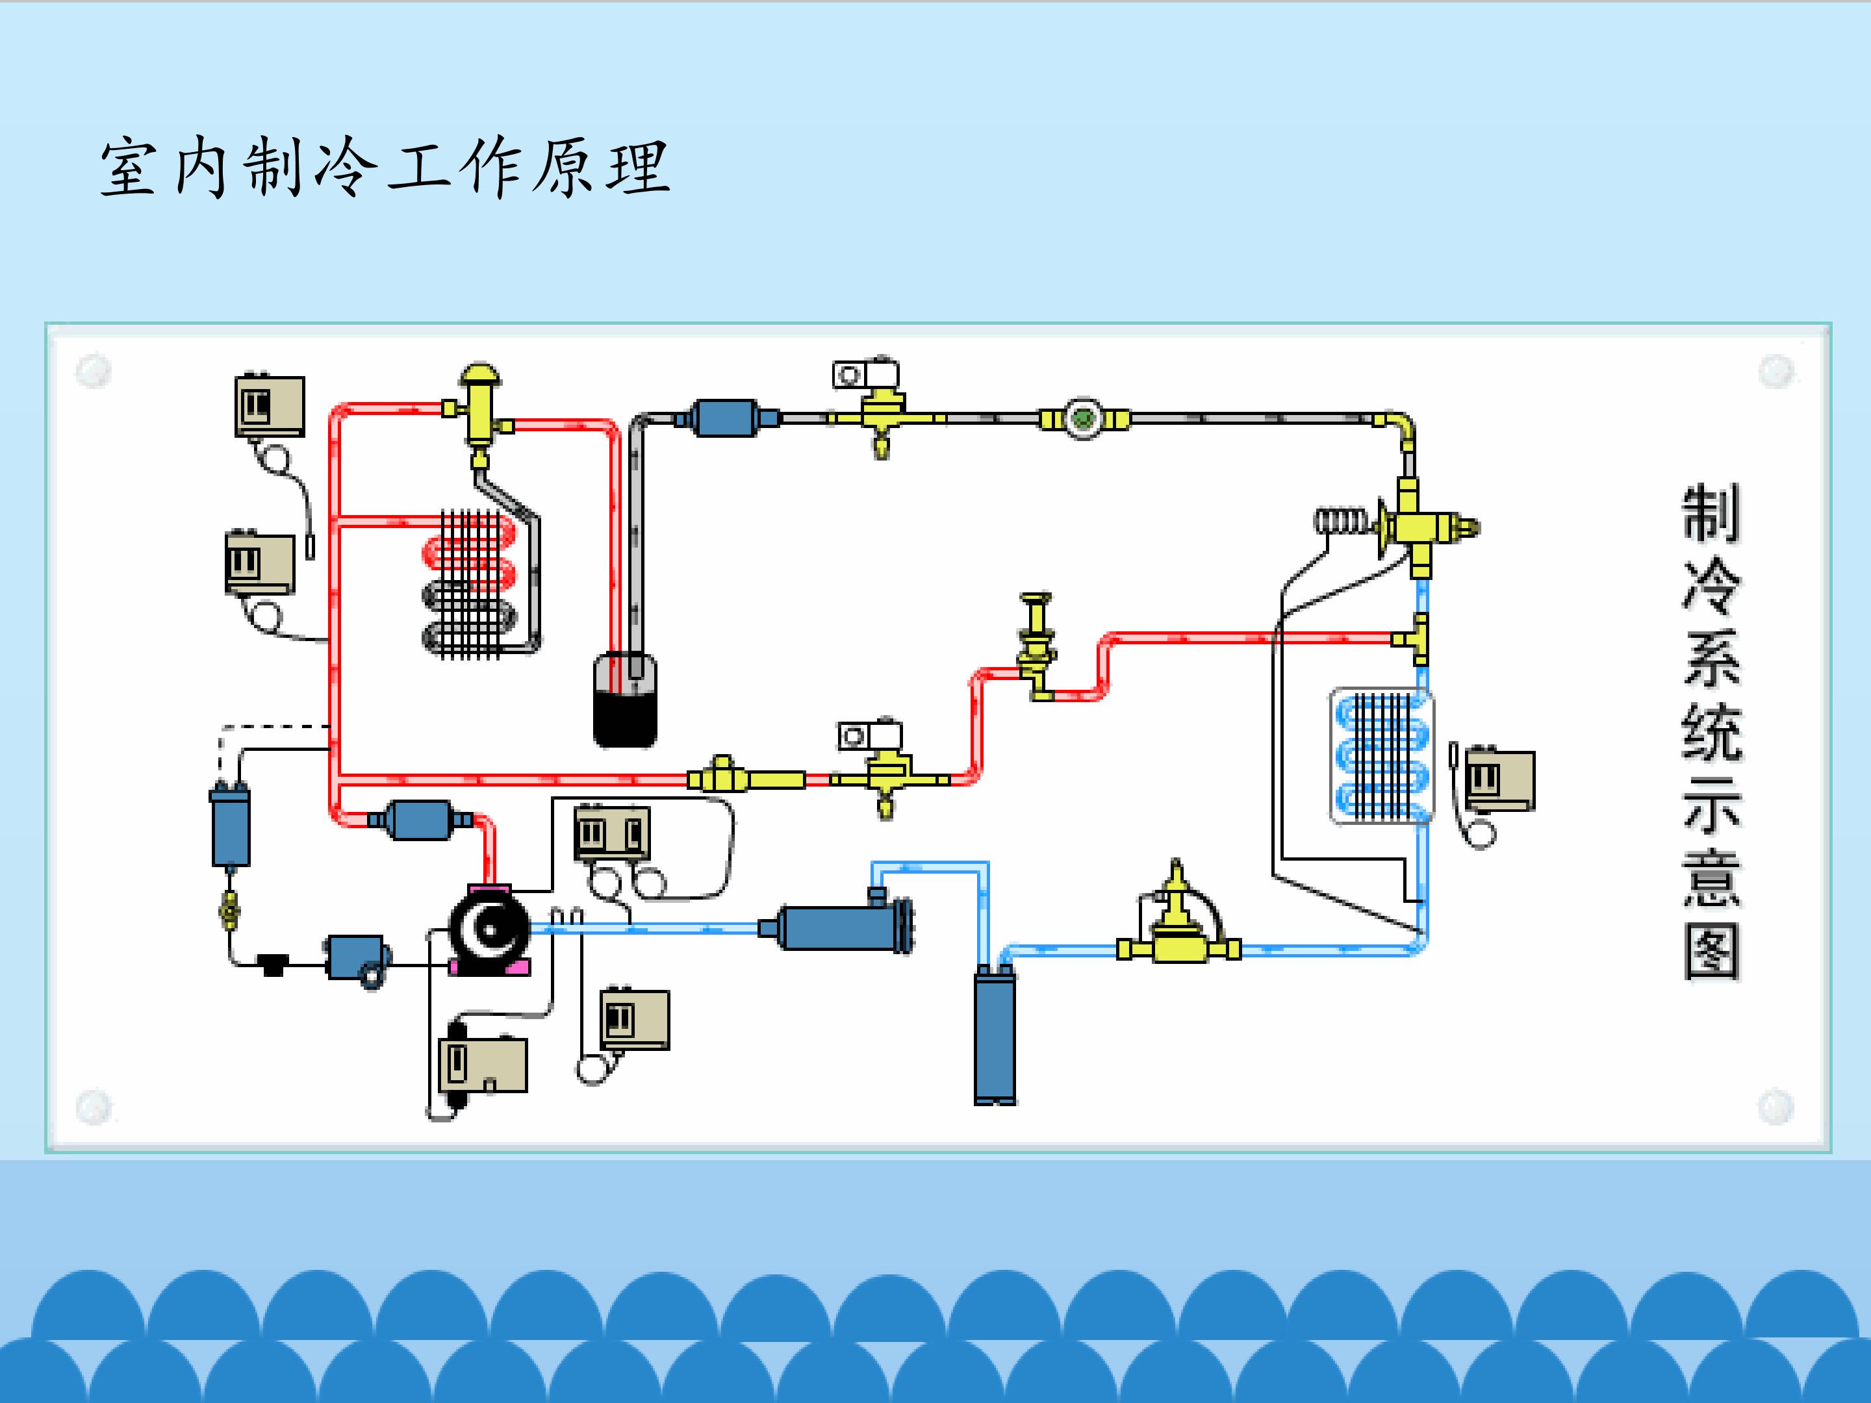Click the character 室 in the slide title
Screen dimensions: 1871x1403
129,168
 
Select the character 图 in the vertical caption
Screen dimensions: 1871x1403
1711,952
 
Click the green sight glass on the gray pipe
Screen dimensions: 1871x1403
1084,418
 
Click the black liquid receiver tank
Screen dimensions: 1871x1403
625,700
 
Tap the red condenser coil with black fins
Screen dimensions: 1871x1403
470,583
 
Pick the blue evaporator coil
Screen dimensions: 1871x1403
1382,756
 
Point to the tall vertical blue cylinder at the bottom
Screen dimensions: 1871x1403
995,1034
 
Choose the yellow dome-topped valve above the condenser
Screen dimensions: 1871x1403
479,414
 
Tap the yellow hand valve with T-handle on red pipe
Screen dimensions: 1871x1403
1037,646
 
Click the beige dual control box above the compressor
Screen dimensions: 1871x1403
613,833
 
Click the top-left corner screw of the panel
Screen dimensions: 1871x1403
93,370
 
